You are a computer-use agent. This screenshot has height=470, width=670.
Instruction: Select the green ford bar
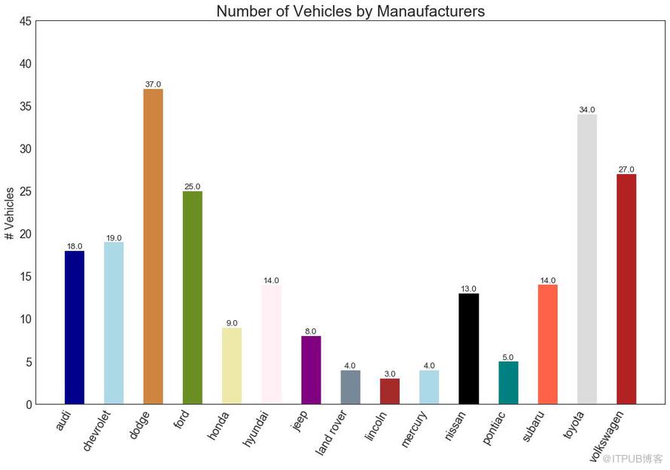[193, 298]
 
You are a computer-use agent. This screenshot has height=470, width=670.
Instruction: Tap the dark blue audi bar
[75, 328]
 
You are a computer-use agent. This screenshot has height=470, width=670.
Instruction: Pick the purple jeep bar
[311, 370]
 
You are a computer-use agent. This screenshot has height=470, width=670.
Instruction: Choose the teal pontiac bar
[508, 383]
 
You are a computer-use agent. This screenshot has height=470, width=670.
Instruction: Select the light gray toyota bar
[587, 259]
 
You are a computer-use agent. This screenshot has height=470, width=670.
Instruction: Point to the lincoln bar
[390, 391]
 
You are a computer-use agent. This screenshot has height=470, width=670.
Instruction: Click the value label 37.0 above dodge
[153, 84]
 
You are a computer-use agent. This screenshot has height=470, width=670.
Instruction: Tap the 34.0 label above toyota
[587, 110]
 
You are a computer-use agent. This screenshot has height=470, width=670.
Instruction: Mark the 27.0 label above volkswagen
[626, 169]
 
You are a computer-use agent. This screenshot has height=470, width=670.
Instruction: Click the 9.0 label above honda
[232, 323]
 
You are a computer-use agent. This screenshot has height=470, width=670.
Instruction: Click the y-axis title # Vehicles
[10, 213]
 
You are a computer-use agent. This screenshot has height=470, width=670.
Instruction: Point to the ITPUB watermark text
[632, 458]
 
